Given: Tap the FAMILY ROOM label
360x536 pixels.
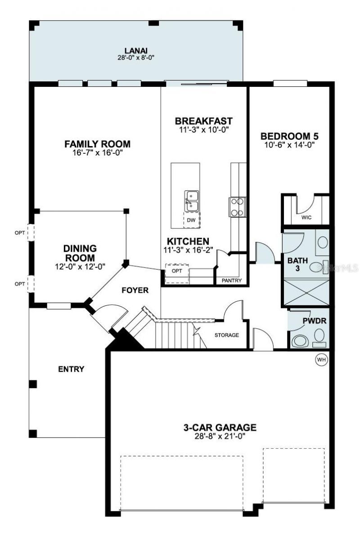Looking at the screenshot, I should [97, 144].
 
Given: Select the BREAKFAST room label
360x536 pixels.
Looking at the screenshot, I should [203, 121].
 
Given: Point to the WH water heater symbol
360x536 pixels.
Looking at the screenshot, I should [321, 359].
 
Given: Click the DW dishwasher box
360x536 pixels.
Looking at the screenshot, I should [191, 220].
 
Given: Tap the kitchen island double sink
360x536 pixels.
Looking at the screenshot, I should [191, 200].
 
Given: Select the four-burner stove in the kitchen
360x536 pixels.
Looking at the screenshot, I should [237, 207].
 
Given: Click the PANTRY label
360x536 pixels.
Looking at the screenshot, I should [232, 281].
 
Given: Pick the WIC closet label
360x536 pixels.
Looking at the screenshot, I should [306, 218].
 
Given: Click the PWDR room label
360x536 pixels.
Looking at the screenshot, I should [310, 322].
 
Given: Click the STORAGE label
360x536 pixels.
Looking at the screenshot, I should [226, 335].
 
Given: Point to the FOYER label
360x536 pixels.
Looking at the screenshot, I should [135, 290].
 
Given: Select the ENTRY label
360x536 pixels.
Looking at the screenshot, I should [71, 369].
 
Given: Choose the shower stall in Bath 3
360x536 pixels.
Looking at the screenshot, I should [306, 292].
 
